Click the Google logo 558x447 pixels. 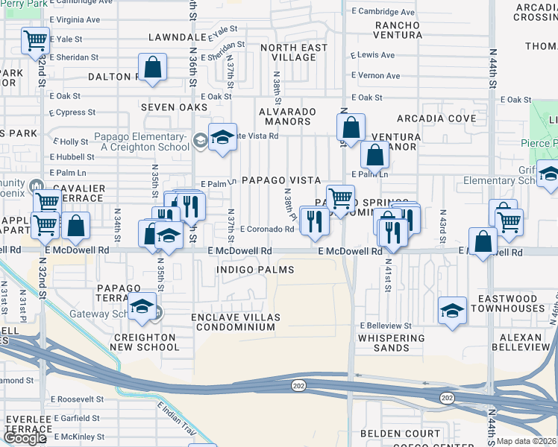pyautogui.click(x=25, y=438)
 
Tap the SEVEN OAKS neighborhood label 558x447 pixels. pyautogui.click(x=174, y=107)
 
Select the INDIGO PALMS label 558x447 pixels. pyautogui.click(x=254, y=269)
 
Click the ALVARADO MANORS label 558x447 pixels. pyautogui.click(x=287, y=117)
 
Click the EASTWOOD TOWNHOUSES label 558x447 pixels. pyautogui.click(x=511, y=303)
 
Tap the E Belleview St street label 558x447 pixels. pyautogui.click(x=385, y=326)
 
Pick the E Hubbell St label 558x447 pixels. pyautogui.click(x=72, y=156)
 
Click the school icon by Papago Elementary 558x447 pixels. pyautogui.click(x=222, y=139)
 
